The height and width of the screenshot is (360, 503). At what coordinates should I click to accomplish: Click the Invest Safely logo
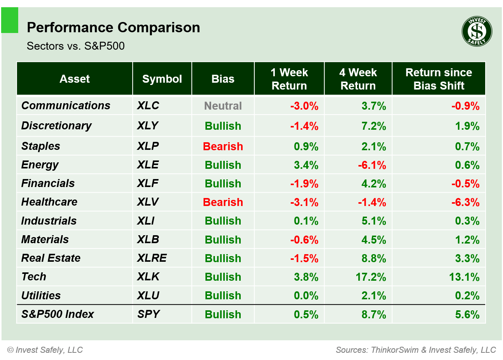point(477,31)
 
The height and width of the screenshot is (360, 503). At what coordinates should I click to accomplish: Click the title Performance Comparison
point(113,28)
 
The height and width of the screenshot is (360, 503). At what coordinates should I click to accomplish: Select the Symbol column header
point(162,79)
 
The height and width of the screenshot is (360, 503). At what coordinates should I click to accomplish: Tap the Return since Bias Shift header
point(439,79)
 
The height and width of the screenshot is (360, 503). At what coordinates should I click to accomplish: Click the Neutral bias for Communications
point(223,106)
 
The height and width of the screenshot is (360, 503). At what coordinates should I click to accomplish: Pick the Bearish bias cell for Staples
point(223,146)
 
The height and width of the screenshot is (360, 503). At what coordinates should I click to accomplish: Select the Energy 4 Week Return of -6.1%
point(372,165)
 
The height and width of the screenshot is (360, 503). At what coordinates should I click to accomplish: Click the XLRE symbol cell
point(152,258)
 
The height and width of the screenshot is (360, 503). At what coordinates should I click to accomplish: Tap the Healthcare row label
point(49,202)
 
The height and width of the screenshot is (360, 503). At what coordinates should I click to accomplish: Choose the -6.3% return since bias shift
point(465,202)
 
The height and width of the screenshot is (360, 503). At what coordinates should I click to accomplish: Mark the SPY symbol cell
point(148,314)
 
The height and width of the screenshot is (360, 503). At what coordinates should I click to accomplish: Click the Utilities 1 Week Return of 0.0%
point(306,296)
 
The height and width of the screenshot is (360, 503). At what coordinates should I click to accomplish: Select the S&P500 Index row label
point(58,314)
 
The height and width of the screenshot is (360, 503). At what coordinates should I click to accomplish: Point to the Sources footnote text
point(415,350)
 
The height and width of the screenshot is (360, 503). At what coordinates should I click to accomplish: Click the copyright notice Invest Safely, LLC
point(45,350)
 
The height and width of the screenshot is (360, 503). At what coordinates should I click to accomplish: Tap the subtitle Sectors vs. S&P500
point(76,46)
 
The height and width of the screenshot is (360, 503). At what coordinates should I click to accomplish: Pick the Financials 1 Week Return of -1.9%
point(304,184)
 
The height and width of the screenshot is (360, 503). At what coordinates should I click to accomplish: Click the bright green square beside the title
point(9,20)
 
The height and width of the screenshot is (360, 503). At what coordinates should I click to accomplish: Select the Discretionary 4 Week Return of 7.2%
point(373,126)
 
